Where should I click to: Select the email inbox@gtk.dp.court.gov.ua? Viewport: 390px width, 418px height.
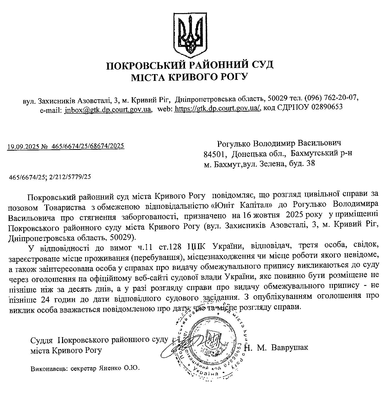pos(108,109)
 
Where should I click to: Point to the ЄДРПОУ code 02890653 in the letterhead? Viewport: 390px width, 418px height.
pos(327,107)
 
